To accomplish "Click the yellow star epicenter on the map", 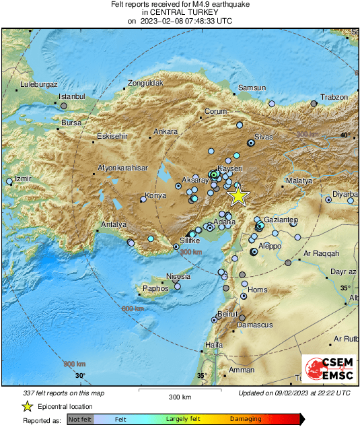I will click(238, 195).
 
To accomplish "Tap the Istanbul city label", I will click(70, 97).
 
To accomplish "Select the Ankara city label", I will click(166, 131).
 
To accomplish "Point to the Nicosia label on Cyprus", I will click(178, 277).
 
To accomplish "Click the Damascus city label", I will click(258, 325).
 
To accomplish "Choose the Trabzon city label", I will click(334, 97).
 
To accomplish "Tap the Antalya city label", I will click(113, 224).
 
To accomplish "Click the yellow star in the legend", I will click(27, 406).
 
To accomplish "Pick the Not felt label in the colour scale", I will click(80, 419).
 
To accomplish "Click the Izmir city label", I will click(23, 179).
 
